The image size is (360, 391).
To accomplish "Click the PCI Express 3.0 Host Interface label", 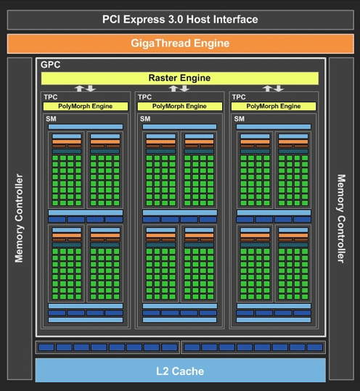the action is [180, 20].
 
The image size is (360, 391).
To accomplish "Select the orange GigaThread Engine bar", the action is [181, 44].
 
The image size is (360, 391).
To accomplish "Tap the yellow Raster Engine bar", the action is [179, 78].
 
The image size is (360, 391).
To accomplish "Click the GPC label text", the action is [50, 65].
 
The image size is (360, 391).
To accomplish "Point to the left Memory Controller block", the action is [20, 218].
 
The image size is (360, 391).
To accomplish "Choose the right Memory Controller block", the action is [341, 218].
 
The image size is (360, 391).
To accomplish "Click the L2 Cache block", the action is [181, 370].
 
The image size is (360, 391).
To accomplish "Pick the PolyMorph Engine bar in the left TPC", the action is [86, 106].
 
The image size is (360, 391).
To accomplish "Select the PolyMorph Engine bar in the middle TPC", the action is [179, 106].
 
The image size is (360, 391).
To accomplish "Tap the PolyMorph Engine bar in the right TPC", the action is [274, 106].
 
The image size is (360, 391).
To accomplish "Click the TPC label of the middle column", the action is [144, 97].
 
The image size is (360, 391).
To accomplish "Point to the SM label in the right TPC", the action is [240, 119].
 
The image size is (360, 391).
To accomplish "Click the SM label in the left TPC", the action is [51, 119].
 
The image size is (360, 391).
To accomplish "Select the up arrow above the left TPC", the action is [79, 89].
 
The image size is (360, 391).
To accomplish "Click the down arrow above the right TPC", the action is [279, 89].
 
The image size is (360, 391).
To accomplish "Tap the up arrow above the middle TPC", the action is [173, 89].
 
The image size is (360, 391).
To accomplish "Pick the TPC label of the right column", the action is [239, 97].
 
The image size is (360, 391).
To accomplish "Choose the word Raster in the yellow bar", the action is [162, 78].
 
